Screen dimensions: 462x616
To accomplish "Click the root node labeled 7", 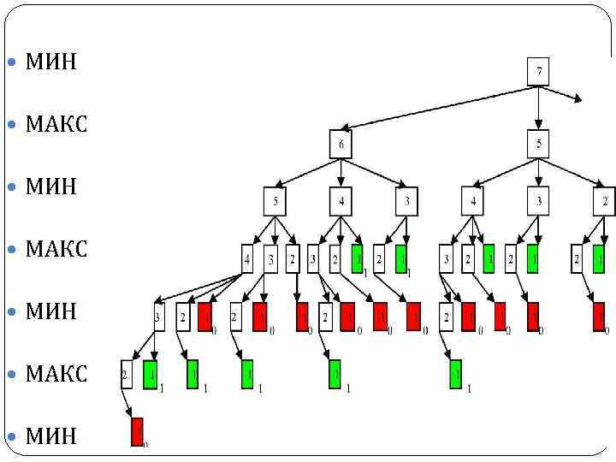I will (538, 70).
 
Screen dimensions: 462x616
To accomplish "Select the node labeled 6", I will (341, 144).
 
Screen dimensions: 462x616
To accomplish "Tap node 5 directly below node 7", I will (538, 144).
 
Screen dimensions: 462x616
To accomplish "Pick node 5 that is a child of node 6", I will (275, 202).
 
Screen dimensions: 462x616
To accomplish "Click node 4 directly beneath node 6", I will (341, 202).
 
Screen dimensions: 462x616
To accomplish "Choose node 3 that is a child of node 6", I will (406, 202).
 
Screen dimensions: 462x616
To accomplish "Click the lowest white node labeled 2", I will (127, 375).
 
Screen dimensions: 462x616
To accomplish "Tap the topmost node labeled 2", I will (604, 202).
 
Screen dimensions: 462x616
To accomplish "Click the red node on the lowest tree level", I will (137, 431).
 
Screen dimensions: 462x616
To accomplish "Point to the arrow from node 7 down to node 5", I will (538, 107).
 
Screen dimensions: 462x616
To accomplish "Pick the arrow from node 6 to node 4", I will (341, 173).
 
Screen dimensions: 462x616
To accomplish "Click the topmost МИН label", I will (51, 62).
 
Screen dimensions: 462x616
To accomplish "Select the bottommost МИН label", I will (51, 436).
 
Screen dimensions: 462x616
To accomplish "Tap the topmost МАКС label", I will (56, 125).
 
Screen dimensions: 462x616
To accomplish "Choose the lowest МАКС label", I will (56, 374).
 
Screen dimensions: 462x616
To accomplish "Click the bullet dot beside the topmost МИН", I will (11, 63).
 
